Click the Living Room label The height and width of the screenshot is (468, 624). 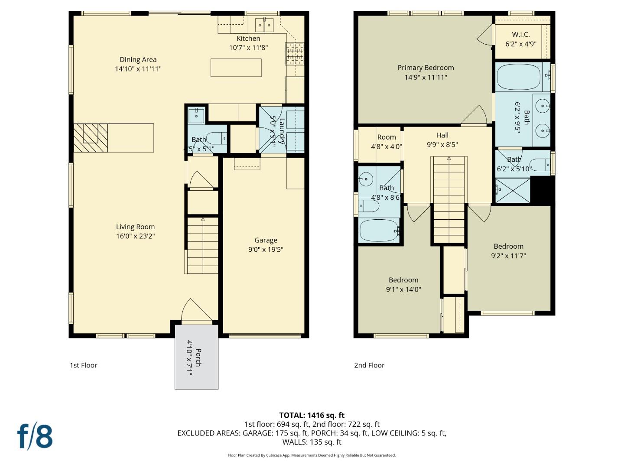135,227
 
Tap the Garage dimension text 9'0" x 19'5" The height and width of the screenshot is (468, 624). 266,250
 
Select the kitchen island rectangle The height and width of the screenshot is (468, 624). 236,68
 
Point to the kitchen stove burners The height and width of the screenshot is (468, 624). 295,54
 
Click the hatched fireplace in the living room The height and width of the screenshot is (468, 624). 91,137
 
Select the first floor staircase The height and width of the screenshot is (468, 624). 202,245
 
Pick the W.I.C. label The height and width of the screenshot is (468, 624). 520,34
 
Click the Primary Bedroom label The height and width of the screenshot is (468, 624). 426,68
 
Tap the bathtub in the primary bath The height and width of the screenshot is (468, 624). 518,77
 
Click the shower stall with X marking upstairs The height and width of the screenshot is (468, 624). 512,190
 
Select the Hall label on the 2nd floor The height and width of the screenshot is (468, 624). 442,135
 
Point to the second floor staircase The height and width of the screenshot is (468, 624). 449,199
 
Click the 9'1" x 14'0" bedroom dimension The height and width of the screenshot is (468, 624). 403,289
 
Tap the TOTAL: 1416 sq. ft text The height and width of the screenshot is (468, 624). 312,415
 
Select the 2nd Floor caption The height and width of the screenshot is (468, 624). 369,365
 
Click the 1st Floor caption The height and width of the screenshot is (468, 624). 84,365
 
